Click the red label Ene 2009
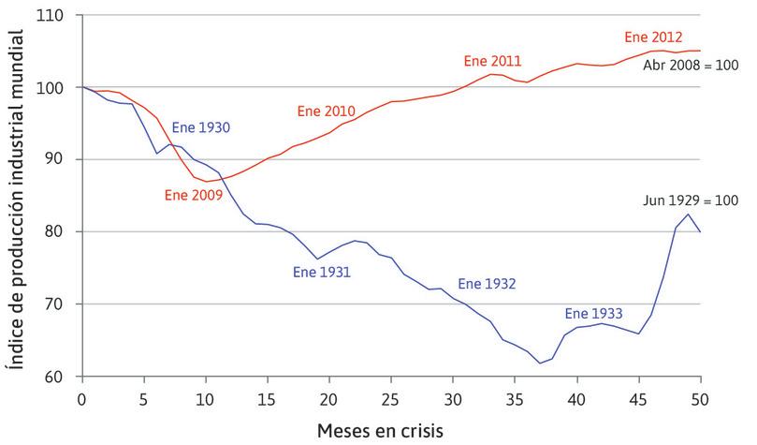194,195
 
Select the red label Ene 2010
328,111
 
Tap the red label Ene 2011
492,62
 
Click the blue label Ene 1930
201,126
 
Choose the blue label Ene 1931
321,273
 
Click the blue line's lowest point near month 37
539,363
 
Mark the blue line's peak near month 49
689,215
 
